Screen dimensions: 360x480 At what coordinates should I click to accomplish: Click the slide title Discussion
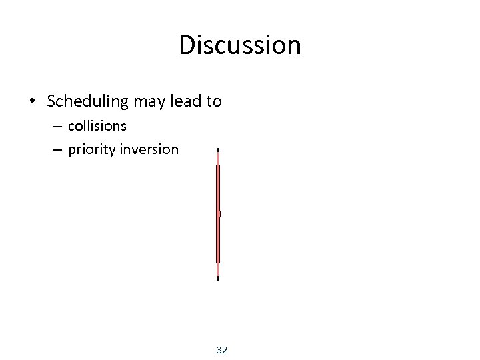coord(240,45)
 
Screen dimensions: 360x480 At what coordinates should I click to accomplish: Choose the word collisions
coord(97,126)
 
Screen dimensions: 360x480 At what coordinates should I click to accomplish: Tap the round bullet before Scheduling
coord(33,102)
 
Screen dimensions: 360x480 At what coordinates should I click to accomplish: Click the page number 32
coord(223,350)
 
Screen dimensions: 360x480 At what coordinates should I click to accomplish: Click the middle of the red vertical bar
coord(218,213)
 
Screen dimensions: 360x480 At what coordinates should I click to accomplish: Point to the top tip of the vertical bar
coord(218,149)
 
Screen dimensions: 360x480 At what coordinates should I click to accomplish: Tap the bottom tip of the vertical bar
coord(218,278)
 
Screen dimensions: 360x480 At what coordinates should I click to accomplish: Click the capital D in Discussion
coord(187,45)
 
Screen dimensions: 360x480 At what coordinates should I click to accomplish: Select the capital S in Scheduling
coord(51,101)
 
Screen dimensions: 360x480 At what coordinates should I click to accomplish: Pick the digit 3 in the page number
coord(219,350)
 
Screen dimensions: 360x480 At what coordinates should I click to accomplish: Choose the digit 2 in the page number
coord(225,350)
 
